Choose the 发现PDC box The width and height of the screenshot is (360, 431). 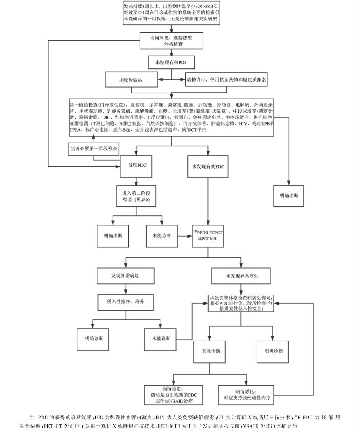[137, 166]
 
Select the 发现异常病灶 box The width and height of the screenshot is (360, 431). [125, 276]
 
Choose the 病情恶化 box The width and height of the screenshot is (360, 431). [247, 394]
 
